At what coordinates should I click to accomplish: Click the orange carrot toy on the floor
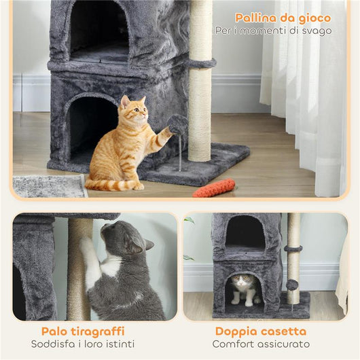(x=214, y=187)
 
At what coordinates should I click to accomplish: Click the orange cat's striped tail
(x=109, y=184)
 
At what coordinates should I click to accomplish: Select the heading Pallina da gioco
(x=283, y=18)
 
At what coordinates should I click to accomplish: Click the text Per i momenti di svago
(x=273, y=31)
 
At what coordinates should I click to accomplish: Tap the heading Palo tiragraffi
(x=83, y=331)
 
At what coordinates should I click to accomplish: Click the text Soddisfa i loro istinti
(x=83, y=344)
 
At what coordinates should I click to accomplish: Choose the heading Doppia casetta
(x=260, y=331)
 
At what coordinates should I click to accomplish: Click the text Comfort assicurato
(x=262, y=344)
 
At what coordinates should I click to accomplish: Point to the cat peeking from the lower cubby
(x=244, y=285)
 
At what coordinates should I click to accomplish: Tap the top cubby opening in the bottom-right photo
(x=245, y=232)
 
